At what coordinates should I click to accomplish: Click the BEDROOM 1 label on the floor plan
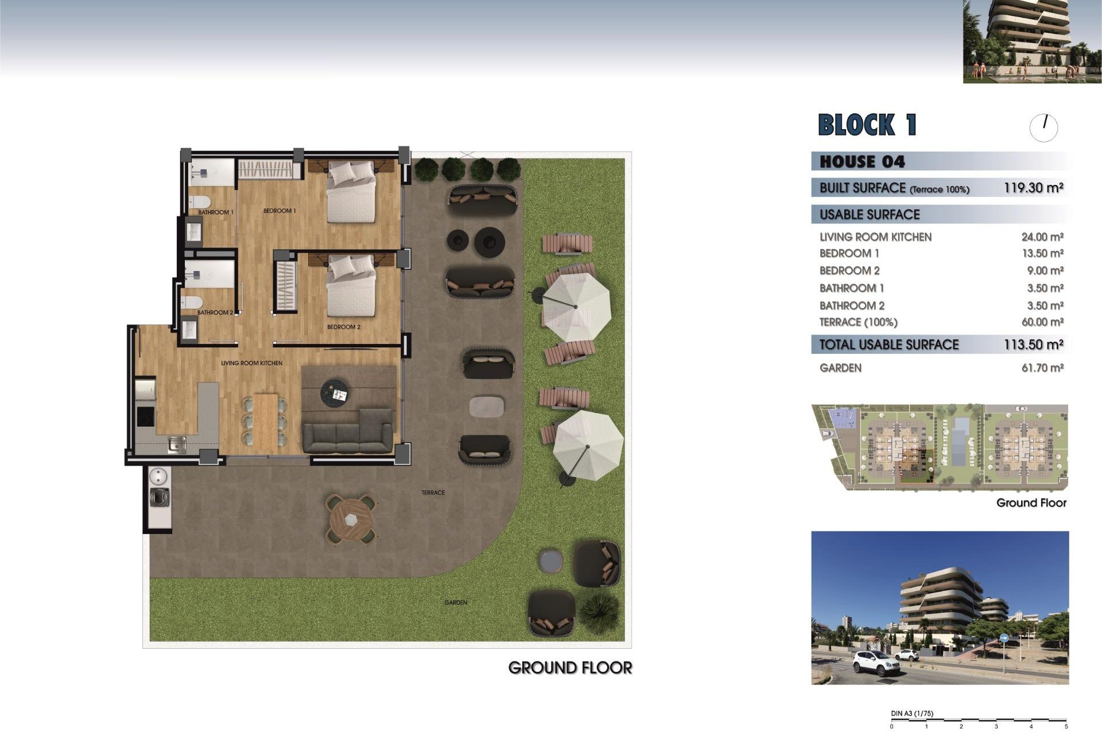pos(280,211)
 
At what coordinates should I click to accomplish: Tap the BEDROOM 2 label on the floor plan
pos(344,327)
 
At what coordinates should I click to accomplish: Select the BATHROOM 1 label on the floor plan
pos(216,212)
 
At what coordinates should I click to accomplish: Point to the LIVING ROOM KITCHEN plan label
pos(251,363)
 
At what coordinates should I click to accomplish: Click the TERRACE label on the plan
pos(433,493)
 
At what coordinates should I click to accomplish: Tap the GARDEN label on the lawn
pos(456,602)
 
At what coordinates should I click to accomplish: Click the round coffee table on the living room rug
pos(335,393)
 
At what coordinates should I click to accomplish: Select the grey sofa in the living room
pos(348,431)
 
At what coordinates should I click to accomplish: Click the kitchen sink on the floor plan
pos(177,444)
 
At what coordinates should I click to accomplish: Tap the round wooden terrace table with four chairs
pos(351,519)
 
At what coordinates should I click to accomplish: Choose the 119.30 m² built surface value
pos(1033,188)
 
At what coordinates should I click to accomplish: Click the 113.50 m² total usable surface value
pos(1033,345)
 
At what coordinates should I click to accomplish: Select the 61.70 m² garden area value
pos(1042,368)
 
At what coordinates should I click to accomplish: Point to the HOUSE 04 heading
pos(862,162)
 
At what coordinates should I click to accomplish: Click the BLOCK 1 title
pos(867,125)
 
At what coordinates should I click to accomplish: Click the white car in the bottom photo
pos(876,663)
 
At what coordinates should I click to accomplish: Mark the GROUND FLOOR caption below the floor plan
pos(570,668)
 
